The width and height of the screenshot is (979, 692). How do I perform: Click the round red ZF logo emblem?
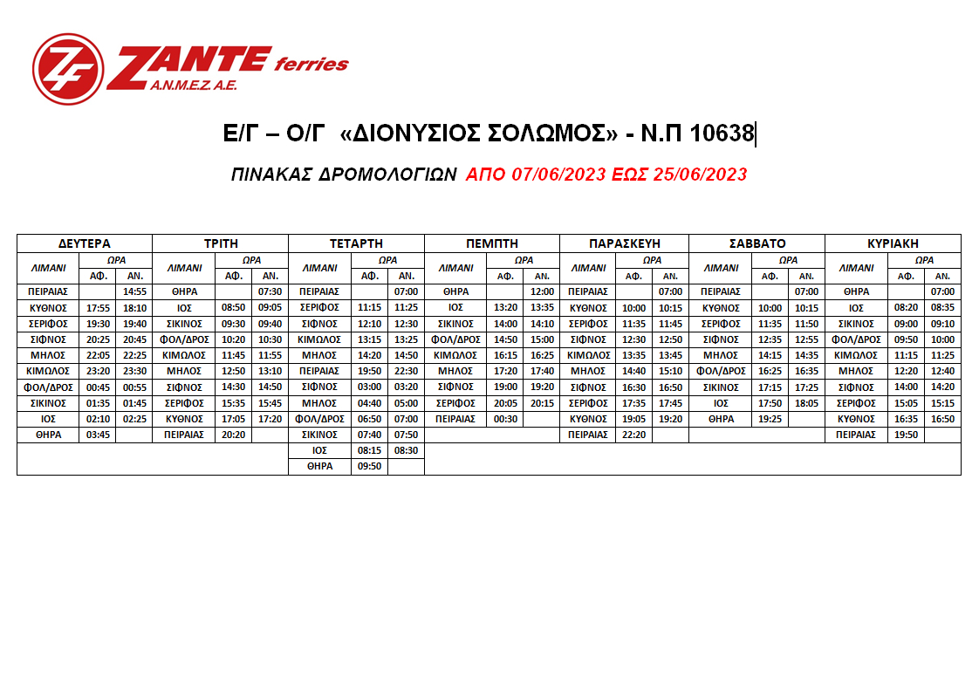(x=67, y=68)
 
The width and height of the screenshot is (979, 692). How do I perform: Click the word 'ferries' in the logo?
(x=311, y=64)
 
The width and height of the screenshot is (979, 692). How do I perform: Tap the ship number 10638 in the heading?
(x=722, y=134)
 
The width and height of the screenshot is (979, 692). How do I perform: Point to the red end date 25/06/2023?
(x=704, y=175)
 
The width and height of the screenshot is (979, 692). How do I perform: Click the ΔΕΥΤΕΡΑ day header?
(x=85, y=243)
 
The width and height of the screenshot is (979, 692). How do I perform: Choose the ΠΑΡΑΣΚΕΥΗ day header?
(x=624, y=243)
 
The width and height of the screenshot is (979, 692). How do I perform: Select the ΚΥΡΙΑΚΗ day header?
(x=893, y=243)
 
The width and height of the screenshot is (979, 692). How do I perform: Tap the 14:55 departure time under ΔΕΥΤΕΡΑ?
(x=133, y=291)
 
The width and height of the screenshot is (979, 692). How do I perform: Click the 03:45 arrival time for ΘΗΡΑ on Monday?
(x=97, y=435)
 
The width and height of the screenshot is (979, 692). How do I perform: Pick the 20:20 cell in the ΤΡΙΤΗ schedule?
(x=233, y=435)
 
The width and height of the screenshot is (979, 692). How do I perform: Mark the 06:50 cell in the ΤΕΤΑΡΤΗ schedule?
(x=369, y=419)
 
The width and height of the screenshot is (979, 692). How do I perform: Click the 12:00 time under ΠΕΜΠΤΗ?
(x=541, y=291)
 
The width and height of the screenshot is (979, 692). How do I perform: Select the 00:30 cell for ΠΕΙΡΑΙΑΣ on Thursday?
(x=505, y=419)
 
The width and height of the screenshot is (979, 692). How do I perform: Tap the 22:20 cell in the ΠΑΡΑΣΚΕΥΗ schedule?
(x=633, y=435)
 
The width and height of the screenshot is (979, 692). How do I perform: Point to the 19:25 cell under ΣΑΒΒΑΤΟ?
(x=770, y=419)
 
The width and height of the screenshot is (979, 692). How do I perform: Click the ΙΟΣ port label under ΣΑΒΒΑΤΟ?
(x=721, y=403)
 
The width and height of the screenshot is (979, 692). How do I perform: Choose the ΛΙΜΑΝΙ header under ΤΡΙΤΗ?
(x=183, y=268)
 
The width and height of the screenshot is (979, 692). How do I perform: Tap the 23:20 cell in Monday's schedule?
(x=97, y=371)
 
